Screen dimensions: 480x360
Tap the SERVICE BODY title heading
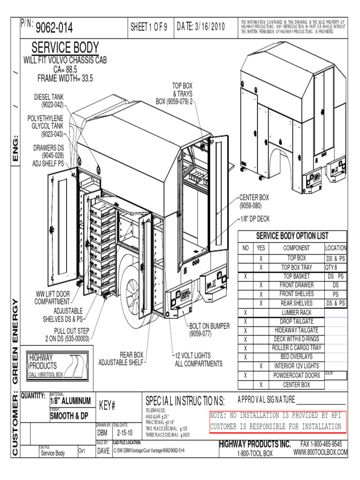tap(65, 47)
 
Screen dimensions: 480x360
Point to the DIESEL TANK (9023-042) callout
tap(49, 100)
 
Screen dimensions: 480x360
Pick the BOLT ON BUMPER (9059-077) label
tap(209, 330)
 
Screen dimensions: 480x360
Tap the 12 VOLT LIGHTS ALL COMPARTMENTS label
tap(199, 360)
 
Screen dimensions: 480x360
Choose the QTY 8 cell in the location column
tap(335, 267)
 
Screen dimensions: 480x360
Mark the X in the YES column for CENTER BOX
tap(261, 385)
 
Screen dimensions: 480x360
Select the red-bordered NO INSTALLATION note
tap(276, 421)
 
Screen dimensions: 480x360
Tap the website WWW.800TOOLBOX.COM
tap(321, 452)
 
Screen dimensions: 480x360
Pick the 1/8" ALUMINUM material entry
tap(70, 401)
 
